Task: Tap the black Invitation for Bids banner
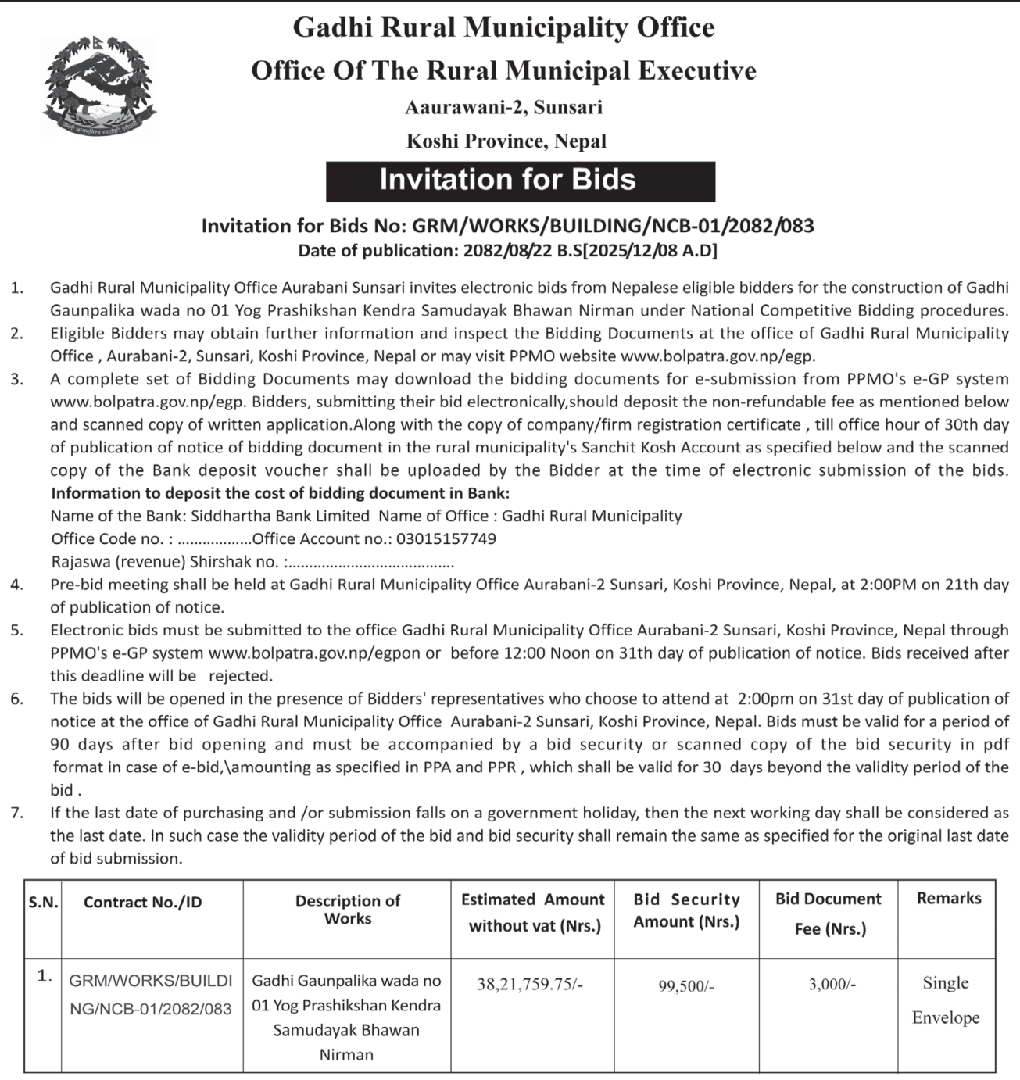pyautogui.click(x=520, y=181)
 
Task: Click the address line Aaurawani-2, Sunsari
pyautogui.click(x=503, y=107)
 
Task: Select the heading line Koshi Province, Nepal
pyautogui.click(x=506, y=141)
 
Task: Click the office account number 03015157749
pyautogui.click(x=446, y=539)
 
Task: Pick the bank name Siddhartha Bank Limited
pyautogui.click(x=280, y=517)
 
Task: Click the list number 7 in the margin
pyautogui.click(x=17, y=814)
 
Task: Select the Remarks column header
pyautogui.click(x=948, y=899)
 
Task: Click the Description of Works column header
pyautogui.click(x=347, y=910)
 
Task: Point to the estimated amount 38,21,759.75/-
pyautogui.click(x=530, y=985)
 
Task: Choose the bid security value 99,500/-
pyautogui.click(x=685, y=987)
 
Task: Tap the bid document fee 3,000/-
pyautogui.click(x=832, y=985)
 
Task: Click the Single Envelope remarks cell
pyautogui.click(x=945, y=1000)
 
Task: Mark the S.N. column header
pyautogui.click(x=43, y=903)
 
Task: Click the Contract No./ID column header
pyautogui.click(x=142, y=903)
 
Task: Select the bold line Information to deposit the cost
pyautogui.click(x=280, y=494)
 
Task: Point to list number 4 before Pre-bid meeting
pyautogui.click(x=17, y=585)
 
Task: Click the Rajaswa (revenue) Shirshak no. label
pyautogui.click(x=165, y=562)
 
